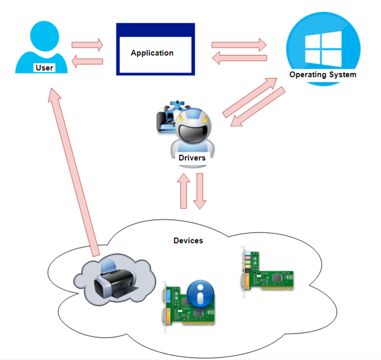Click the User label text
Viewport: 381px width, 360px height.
tap(44, 68)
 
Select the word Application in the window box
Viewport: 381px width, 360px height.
tap(152, 53)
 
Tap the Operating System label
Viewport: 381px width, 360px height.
tap(323, 74)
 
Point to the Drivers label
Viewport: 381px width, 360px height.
tap(192, 158)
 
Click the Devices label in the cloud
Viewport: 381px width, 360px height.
tap(188, 241)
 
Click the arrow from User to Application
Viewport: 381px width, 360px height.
tap(87, 45)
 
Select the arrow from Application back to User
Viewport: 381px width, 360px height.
tap(87, 61)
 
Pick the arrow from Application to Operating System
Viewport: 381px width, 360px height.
tap(239, 45)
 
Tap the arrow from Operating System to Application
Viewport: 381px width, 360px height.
tap(239, 58)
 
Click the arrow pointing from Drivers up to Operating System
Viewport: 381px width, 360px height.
tap(250, 98)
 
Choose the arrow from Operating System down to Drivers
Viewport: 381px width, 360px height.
tap(258, 106)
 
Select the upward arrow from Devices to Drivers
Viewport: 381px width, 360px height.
tap(183, 191)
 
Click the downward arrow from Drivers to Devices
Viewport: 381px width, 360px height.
tap(200, 191)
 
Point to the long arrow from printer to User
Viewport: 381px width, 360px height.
tap(74, 172)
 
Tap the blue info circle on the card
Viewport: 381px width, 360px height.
tap(200, 293)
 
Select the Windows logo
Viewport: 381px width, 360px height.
tap(323, 49)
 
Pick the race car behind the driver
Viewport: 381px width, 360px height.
tap(170, 116)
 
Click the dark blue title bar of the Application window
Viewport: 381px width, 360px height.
tap(155, 30)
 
